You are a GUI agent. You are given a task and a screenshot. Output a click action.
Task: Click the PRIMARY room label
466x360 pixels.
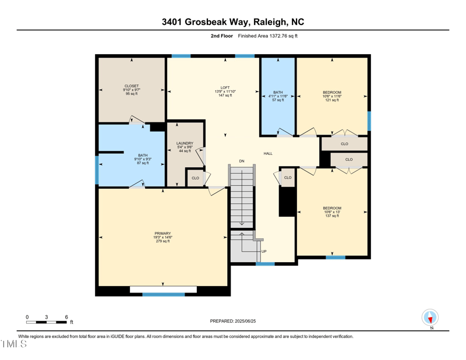163,233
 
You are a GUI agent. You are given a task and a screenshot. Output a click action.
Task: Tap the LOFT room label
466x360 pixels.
225,87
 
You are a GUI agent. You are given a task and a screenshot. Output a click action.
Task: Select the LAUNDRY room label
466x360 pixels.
185,143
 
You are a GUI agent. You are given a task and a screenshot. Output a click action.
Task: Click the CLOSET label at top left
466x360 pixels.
131,86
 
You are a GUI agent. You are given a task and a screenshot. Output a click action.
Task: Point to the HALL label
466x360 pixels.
268,153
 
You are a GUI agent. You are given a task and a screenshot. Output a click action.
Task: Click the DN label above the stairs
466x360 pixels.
242,161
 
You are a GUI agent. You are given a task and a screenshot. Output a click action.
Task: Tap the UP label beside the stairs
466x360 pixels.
264,251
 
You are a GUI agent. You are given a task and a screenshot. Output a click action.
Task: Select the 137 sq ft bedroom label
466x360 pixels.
332,208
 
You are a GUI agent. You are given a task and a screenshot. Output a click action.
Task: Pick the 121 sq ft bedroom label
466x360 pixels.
332,92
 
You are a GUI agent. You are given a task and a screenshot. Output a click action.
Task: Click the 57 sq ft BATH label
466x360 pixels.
278,92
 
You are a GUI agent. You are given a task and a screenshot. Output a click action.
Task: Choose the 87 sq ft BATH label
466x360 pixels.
143,156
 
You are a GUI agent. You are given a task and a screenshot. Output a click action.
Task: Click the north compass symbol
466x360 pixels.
430,318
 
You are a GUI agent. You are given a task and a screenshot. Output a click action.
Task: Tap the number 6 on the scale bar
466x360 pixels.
66,317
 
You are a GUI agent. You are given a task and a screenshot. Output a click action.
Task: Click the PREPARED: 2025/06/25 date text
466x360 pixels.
232,321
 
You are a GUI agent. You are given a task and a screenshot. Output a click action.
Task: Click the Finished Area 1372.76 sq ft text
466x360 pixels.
268,36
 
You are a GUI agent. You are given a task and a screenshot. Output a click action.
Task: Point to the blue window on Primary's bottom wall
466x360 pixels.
164,294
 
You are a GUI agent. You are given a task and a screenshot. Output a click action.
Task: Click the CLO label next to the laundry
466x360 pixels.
196,178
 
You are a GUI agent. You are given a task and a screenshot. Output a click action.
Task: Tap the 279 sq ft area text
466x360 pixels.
163,241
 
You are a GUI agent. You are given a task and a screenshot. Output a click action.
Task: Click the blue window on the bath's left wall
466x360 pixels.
97,170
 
